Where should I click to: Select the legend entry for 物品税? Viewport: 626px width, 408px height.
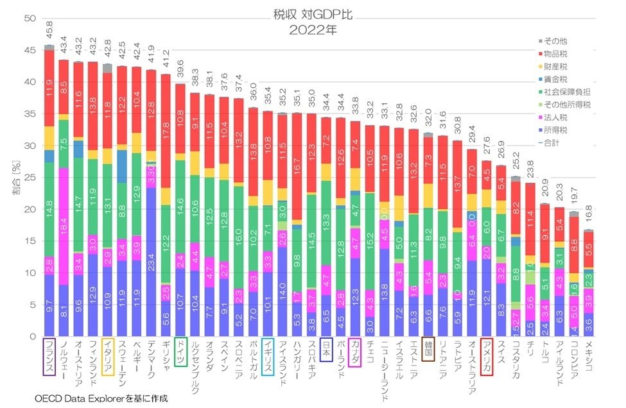[558, 54]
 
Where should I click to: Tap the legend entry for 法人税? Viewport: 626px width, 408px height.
[558, 117]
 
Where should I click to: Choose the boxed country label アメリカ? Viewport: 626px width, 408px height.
[486, 357]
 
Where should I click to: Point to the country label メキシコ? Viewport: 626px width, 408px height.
[587, 356]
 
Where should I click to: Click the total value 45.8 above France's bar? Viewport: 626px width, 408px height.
[49, 30]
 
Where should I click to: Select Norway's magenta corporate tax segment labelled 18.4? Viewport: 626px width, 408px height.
[64, 226]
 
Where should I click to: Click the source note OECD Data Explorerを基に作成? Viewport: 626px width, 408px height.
[101, 398]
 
